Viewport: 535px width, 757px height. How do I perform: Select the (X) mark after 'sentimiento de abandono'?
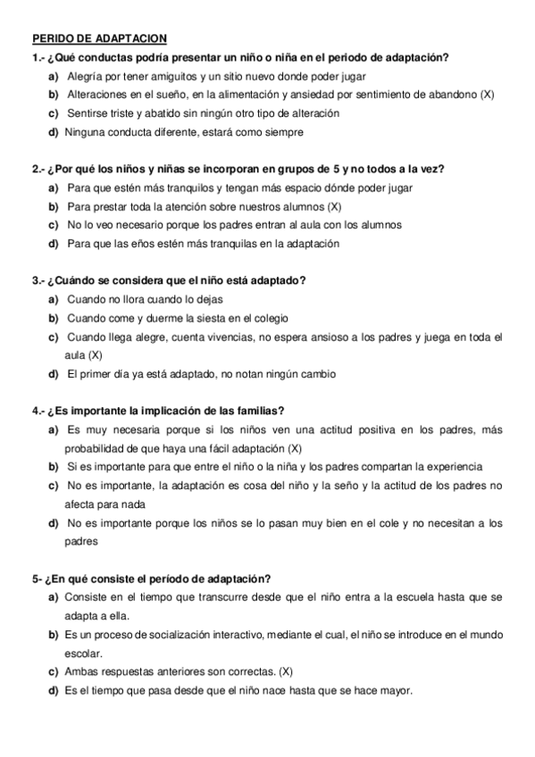[487, 95]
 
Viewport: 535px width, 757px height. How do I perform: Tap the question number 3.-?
[38, 280]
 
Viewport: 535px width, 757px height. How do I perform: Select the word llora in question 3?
[137, 299]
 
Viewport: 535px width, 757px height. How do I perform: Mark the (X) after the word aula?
[95, 354]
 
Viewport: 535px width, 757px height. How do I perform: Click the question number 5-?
[37, 578]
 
